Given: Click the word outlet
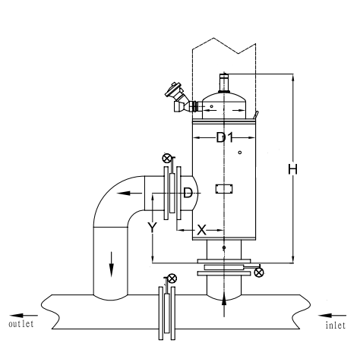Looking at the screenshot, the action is click(21, 324).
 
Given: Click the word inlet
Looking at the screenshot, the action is click(336, 325).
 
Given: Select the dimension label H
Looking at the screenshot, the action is click(292, 169).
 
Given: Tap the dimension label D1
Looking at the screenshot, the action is click(225, 138).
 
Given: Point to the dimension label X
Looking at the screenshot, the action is click(201, 230).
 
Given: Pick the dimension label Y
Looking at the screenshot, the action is click(152, 228).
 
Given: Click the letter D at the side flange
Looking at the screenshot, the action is click(188, 193).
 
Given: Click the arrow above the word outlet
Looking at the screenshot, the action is click(24, 316).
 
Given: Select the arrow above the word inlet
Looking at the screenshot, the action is click(332, 316).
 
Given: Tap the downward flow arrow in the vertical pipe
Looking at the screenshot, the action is click(111, 264).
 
